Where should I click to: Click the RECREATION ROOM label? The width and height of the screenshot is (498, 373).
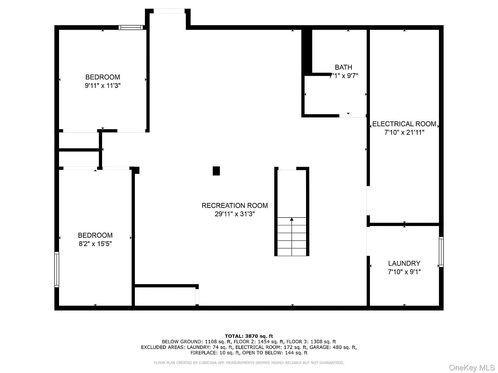coord(235,206)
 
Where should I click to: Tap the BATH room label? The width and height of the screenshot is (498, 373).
coord(343,67)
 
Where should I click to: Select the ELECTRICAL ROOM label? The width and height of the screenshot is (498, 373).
coord(404,124)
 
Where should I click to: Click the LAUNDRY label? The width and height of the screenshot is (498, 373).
coord(404,263)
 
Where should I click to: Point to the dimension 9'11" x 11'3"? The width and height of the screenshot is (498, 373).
coord(103,86)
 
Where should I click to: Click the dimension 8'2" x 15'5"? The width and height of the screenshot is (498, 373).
coord(95,244)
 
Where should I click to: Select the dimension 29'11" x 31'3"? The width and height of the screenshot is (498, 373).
coord(235,214)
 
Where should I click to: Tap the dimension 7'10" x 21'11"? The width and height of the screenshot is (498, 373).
coord(404,132)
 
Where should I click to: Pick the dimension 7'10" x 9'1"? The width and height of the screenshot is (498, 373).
coord(404,272)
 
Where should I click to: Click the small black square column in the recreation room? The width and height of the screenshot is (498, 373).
coord(216,171)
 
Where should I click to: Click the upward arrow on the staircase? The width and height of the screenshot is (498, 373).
coord(292,220)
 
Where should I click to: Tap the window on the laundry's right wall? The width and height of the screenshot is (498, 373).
coord(441,252)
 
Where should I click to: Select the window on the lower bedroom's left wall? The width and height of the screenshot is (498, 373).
coord(57,269)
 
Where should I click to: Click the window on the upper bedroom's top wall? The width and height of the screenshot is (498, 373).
coord(131,28)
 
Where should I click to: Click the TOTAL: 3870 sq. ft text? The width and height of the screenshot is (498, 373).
coord(249,336)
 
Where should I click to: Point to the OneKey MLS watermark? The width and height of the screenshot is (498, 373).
coord(472,368)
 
